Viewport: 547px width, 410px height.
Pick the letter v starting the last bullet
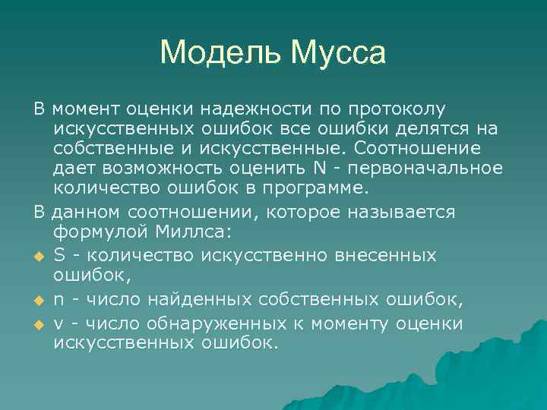click(x=58, y=323)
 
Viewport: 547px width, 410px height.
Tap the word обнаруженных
click(x=208, y=323)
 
